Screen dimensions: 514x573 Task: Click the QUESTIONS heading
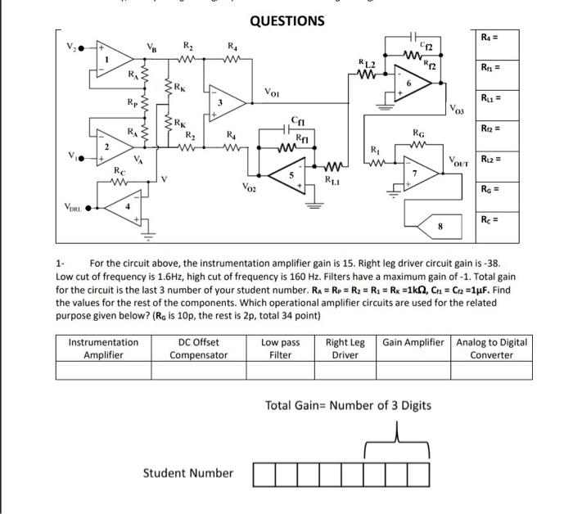click(286, 20)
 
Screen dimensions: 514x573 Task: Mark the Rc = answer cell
click(496, 221)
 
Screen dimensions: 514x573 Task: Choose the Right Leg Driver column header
click(345, 348)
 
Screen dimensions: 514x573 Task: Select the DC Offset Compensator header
click(198, 348)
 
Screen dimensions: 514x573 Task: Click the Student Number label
click(187, 472)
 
